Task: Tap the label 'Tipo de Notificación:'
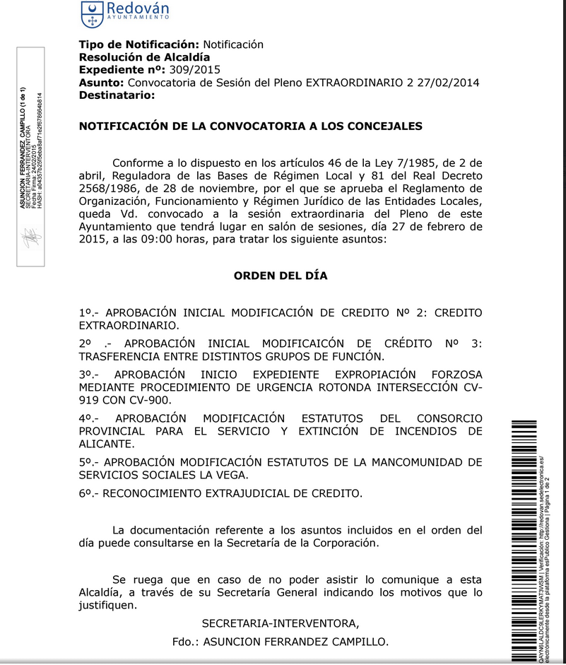tap(138, 45)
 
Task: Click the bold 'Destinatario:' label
tap(117, 95)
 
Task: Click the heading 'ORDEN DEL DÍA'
tap(281, 276)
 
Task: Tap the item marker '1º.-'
tap(91, 312)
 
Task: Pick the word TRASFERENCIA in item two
tap(120, 356)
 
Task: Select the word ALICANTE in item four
tap(107, 444)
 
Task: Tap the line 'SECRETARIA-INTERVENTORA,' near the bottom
tap(281, 623)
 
